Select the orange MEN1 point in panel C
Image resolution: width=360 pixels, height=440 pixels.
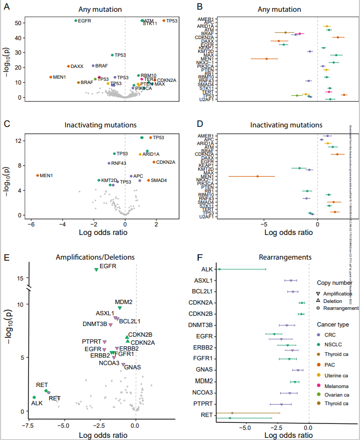pos(37,175)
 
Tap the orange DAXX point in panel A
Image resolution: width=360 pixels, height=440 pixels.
pos(68,66)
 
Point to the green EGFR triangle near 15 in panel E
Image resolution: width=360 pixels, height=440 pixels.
pos(96,269)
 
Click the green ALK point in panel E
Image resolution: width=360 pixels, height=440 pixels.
pos(34,397)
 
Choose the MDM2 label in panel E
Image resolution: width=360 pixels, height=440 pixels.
pos(124,302)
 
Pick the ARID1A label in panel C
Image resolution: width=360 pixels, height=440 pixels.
pos(152,154)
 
